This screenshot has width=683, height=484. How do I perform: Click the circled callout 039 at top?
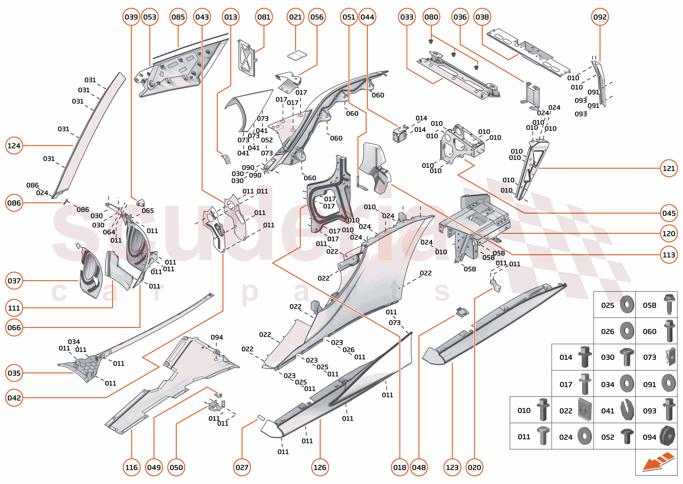pyautogui.click(x=131, y=17)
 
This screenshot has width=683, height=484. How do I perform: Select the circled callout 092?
pyautogui.click(x=600, y=17)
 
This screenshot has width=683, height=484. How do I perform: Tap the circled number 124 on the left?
pyautogui.click(x=14, y=146)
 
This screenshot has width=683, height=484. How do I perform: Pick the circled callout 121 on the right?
pyautogui.click(x=669, y=168)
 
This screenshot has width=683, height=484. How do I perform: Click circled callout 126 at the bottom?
pyautogui.click(x=320, y=467)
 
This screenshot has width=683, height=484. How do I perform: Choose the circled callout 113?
pyautogui.click(x=669, y=255)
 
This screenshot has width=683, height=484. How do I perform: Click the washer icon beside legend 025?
pyautogui.click(x=627, y=305)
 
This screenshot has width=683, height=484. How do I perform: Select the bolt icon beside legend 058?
pyautogui.click(x=669, y=304)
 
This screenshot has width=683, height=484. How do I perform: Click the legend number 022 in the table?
pyautogui.click(x=566, y=411)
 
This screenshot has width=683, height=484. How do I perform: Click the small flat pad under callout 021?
pyautogui.click(x=297, y=56)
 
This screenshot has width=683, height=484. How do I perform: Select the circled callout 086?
pyautogui.click(x=14, y=203)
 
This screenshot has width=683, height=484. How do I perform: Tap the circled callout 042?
pyautogui.click(x=14, y=398)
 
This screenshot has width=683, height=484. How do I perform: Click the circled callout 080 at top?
pyautogui.click(x=431, y=17)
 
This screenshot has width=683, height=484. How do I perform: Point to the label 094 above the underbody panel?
pyautogui.click(x=217, y=337)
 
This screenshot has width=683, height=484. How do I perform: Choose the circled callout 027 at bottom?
pyautogui.click(x=242, y=467)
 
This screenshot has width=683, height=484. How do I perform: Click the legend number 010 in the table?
pyautogui.click(x=524, y=411)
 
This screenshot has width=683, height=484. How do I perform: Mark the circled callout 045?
pyautogui.click(x=669, y=213)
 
